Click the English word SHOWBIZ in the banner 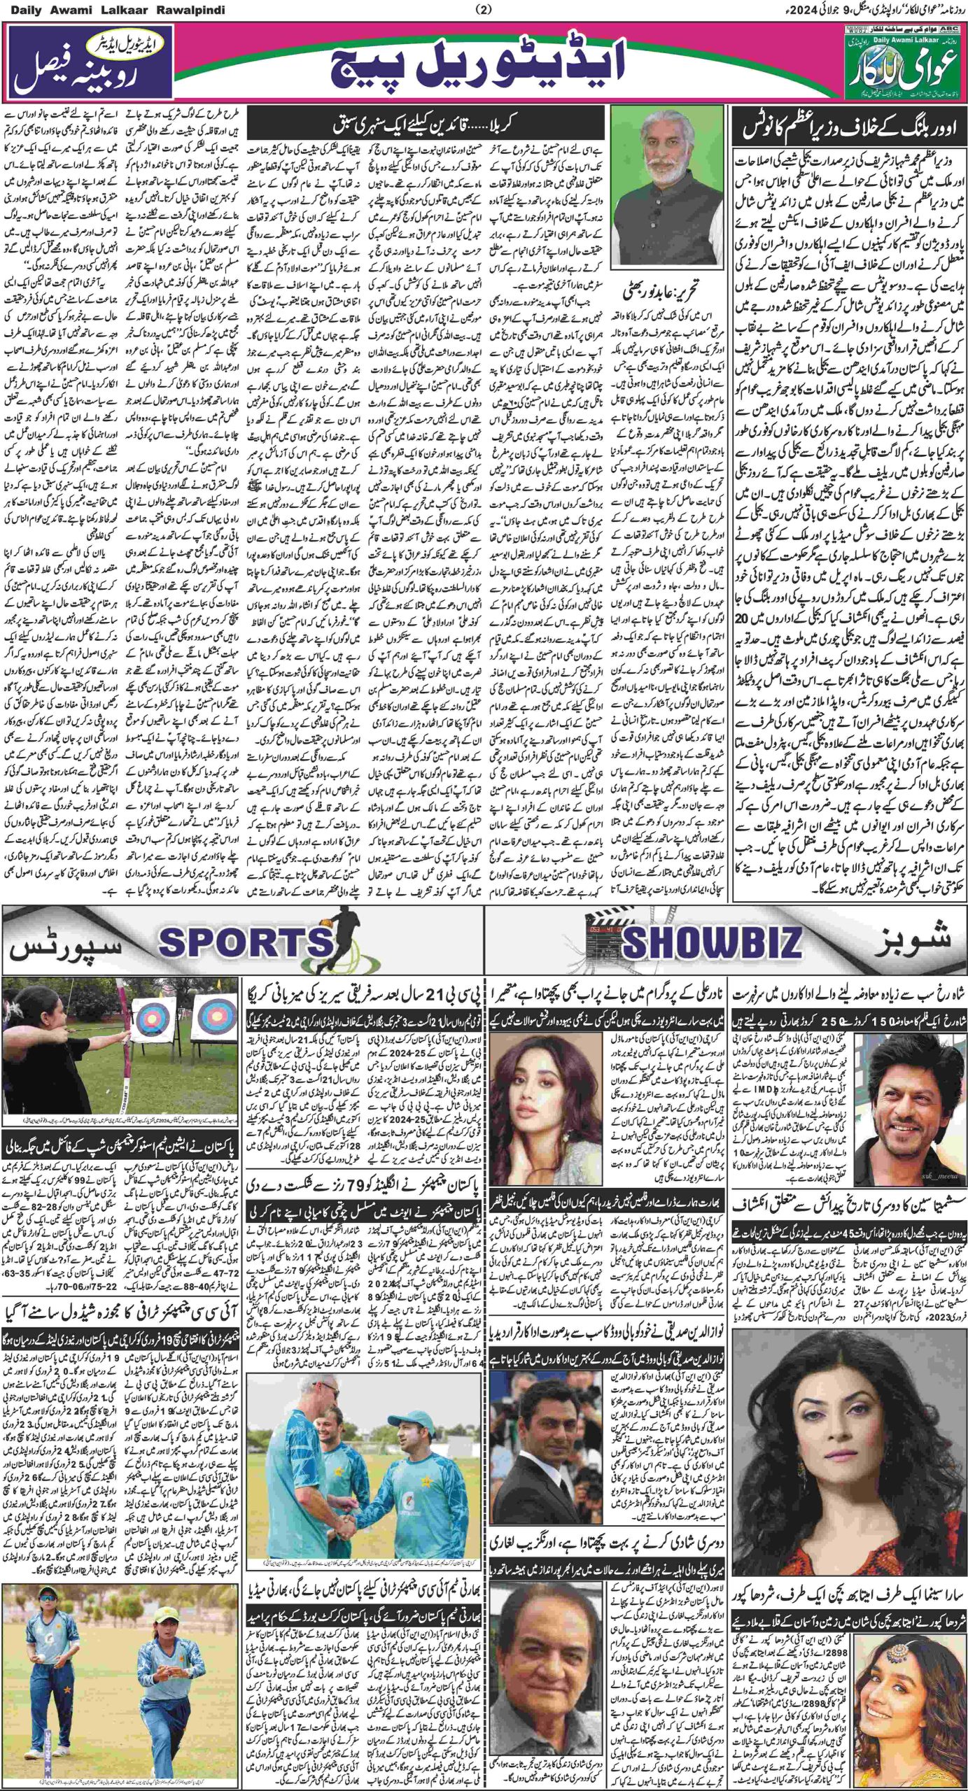710,944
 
